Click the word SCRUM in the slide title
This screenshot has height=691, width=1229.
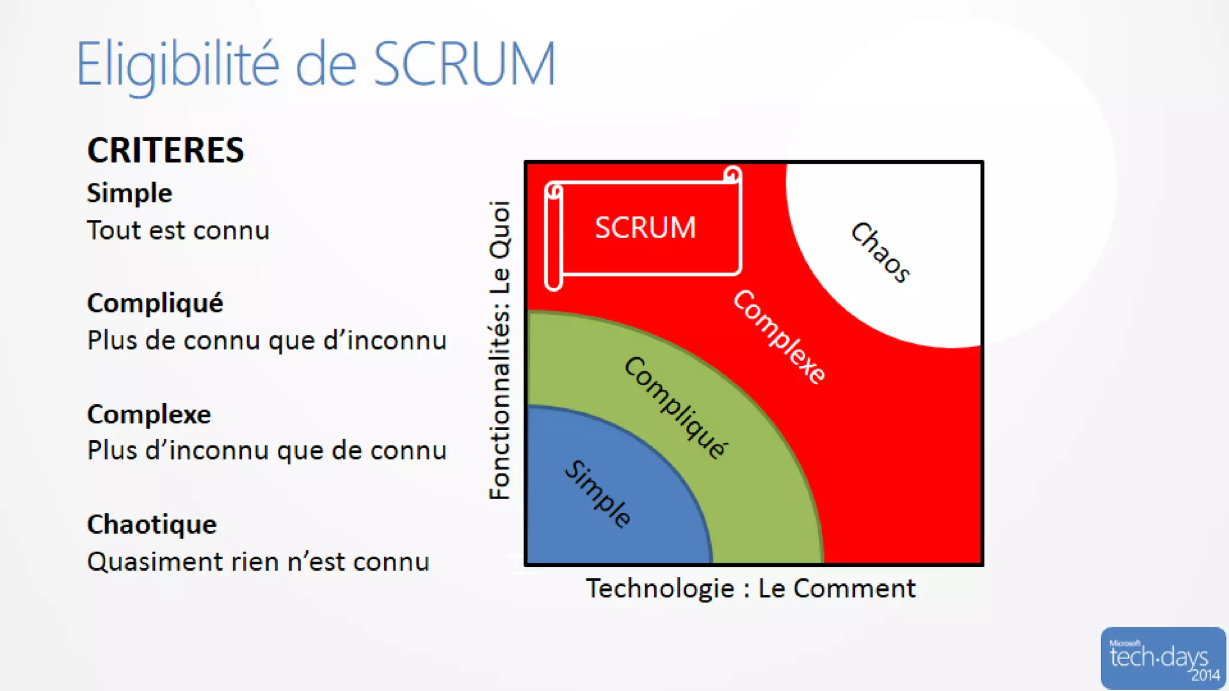(465, 64)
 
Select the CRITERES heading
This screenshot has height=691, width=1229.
(166, 150)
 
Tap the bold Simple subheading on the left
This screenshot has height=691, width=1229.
(130, 193)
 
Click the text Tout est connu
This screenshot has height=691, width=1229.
(178, 230)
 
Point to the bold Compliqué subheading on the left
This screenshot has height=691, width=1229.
(155, 303)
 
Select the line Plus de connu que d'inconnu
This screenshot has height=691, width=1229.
(267, 341)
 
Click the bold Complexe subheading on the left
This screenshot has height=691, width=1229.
(149, 414)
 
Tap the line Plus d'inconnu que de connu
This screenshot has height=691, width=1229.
(267, 450)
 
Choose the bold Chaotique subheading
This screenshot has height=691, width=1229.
(152, 524)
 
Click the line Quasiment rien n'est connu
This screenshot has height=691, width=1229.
(258, 562)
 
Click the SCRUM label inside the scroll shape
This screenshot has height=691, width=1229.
(645, 228)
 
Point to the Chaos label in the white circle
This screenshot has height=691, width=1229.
(880, 252)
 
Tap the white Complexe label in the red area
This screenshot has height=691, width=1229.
(779, 337)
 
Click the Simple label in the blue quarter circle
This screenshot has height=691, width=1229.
(598, 494)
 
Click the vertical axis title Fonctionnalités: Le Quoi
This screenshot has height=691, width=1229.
(499, 350)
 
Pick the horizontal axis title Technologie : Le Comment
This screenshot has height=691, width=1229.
(751, 588)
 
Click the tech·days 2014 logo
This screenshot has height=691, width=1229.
(1162, 658)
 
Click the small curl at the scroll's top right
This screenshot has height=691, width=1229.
(732, 175)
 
